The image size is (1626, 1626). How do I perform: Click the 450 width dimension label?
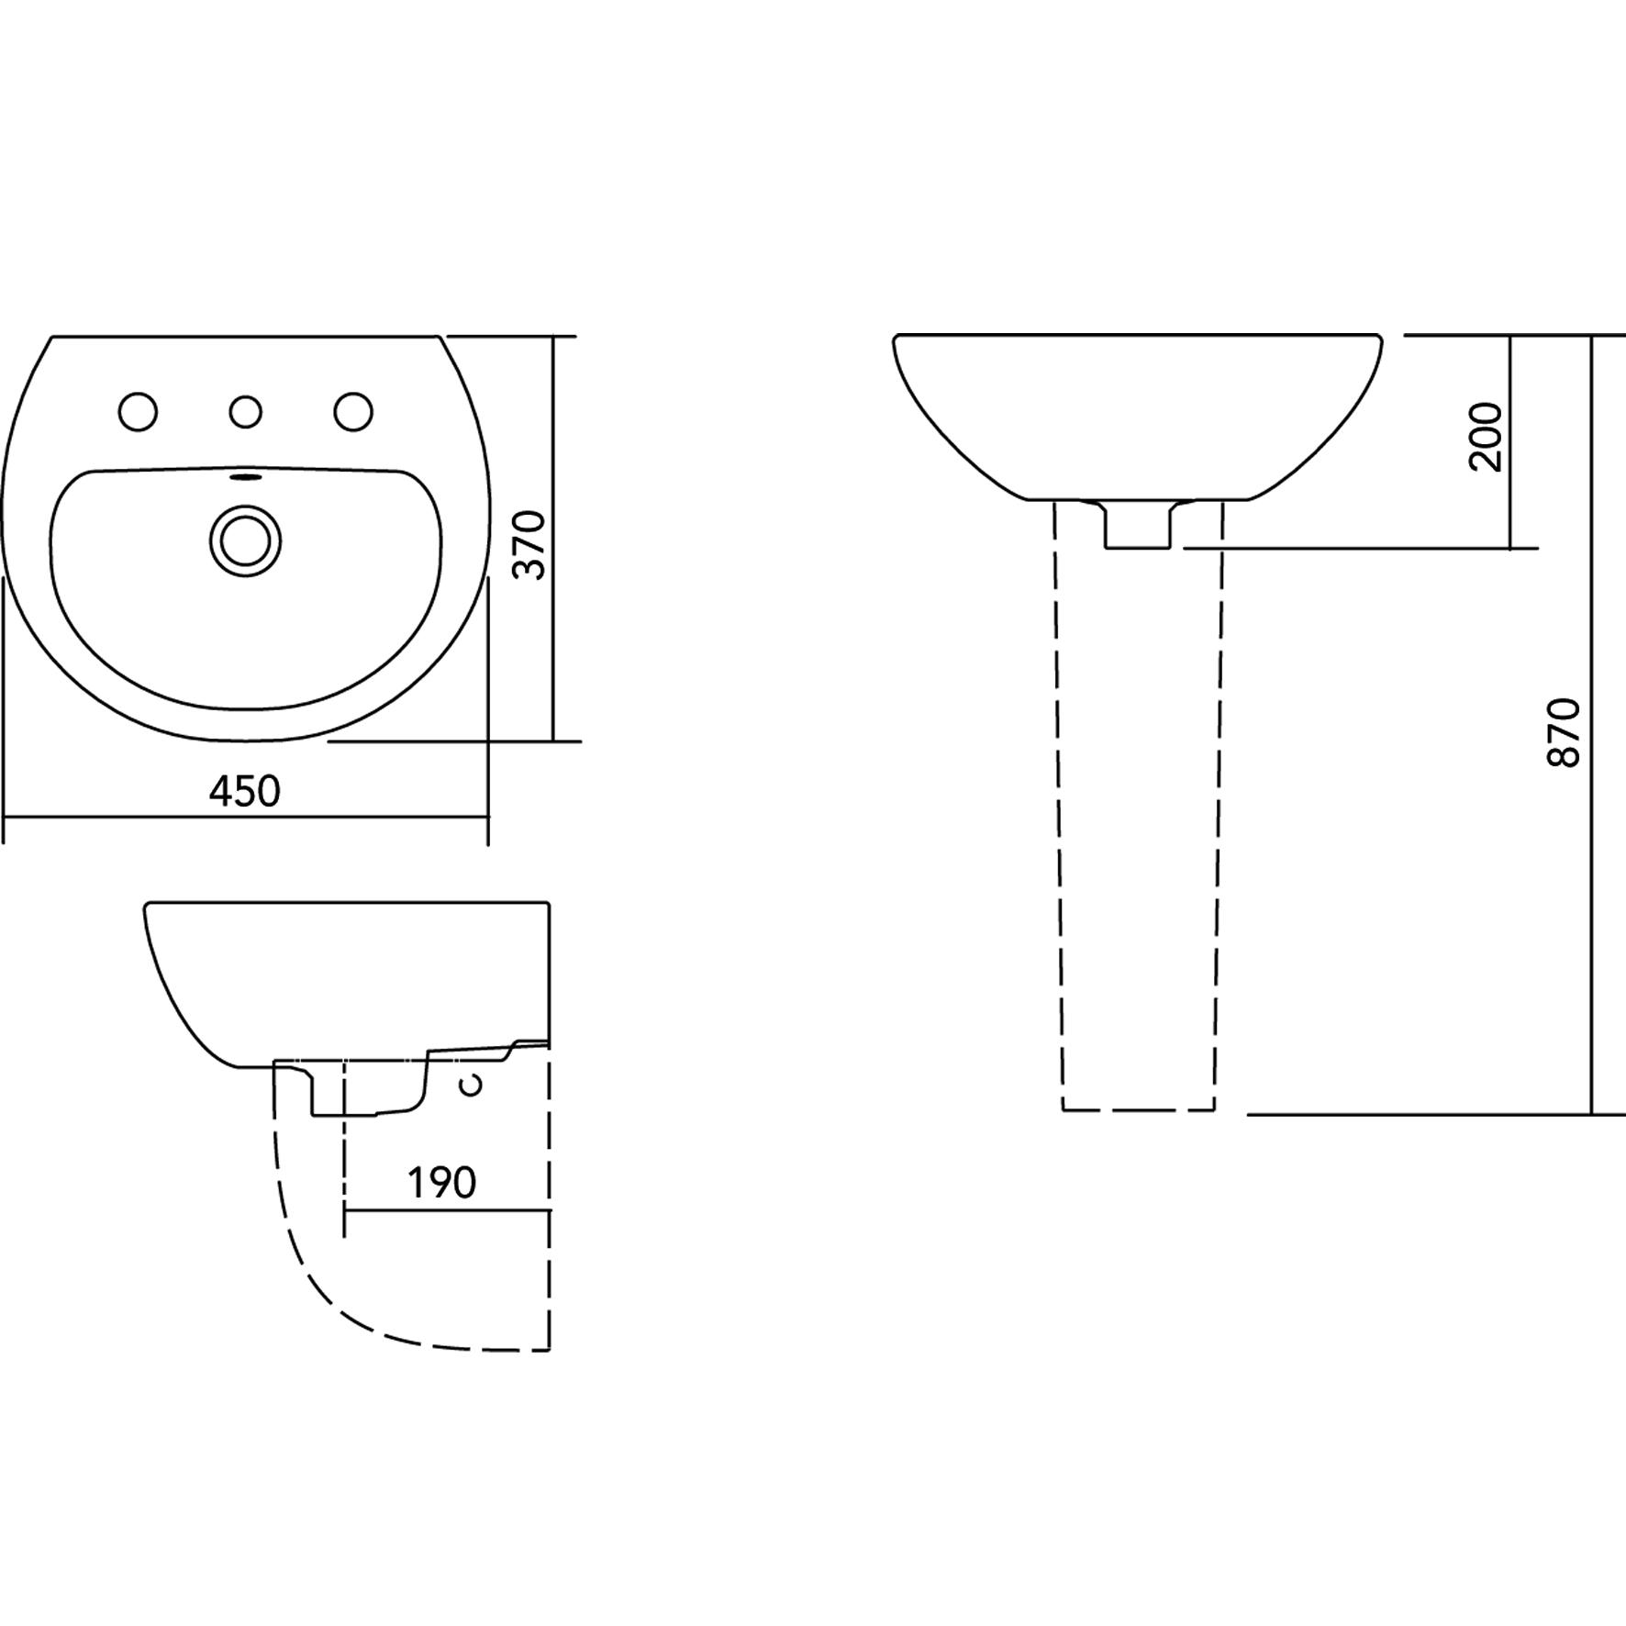tap(244, 792)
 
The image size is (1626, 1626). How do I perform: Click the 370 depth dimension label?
tap(529, 545)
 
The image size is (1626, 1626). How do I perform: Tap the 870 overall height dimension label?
tap(1565, 731)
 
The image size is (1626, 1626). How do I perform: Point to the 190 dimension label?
tap(442, 1183)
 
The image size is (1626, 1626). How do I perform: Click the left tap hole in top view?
tap(139, 412)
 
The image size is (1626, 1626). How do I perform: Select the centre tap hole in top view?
tap(245, 412)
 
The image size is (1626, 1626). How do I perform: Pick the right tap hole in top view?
tap(353, 412)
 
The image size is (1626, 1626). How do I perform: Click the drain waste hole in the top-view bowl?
tap(245, 542)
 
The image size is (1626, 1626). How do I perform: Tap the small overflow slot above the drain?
tap(245, 476)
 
